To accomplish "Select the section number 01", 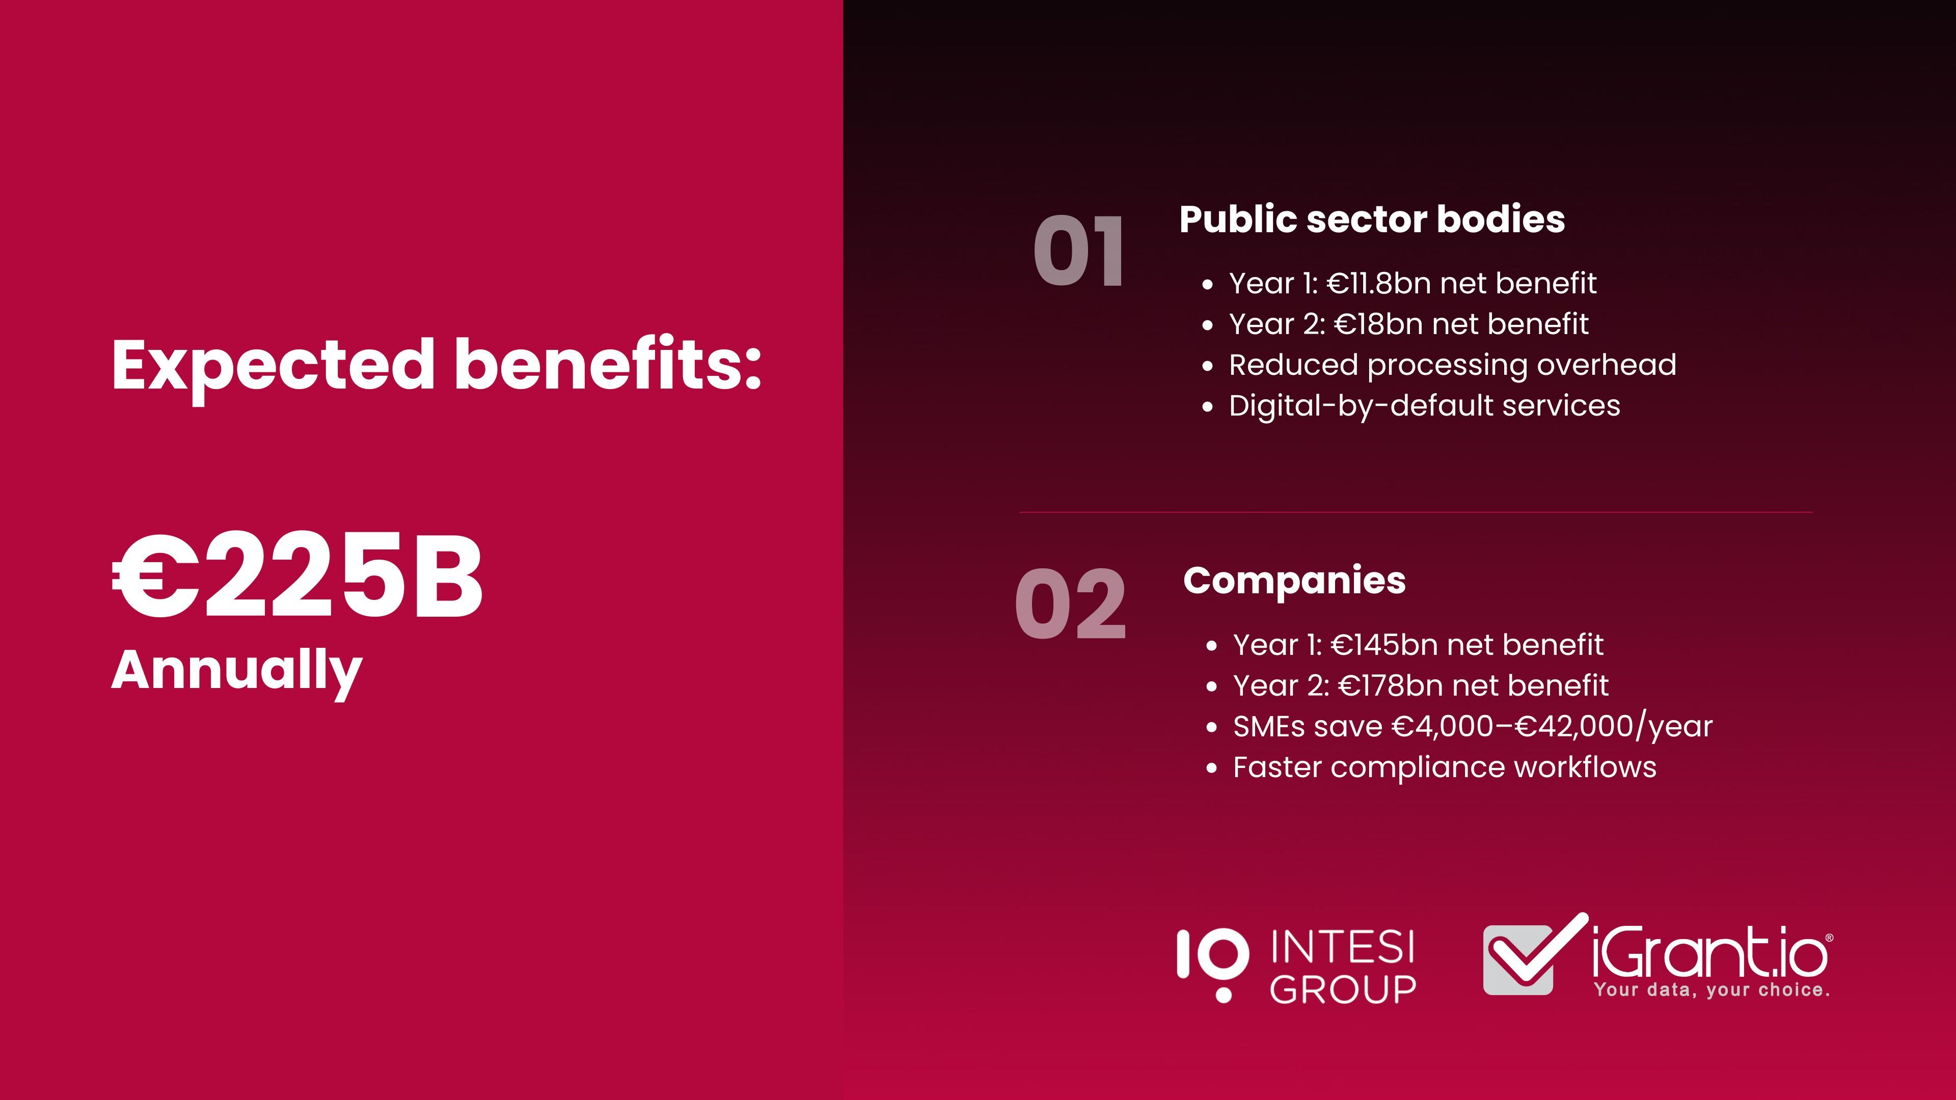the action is tap(1078, 251).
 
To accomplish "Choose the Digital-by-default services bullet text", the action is tap(1425, 406).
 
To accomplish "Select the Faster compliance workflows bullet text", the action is tap(1444, 767).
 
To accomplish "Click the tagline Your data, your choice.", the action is tap(1712, 990).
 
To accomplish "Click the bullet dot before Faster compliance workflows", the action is tap(1211, 769).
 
